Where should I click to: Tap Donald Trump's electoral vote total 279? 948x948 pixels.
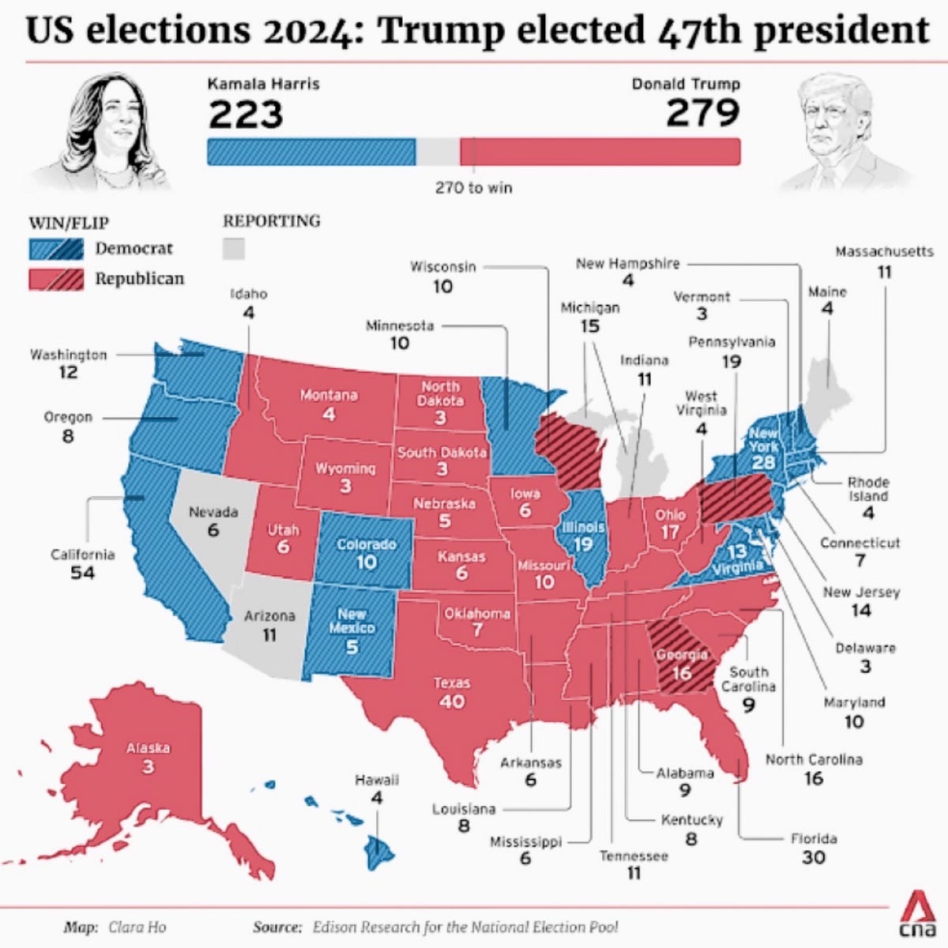click(702, 113)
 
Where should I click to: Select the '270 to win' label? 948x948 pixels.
click(473, 188)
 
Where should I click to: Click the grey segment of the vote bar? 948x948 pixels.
click(438, 152)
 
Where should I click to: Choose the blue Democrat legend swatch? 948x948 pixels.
click(56, 249)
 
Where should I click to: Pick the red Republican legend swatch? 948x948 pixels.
click(56, 279)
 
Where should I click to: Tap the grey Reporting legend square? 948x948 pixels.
click(233, 249)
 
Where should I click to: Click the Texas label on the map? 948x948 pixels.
click(452, 683)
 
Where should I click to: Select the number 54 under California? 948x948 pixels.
click(82, 573)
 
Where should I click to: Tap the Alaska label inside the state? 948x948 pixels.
click(148, 747)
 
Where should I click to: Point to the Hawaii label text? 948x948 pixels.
click(376, 780)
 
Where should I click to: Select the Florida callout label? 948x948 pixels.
click(813, 839)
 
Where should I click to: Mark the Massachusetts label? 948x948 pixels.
click(884, 252)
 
